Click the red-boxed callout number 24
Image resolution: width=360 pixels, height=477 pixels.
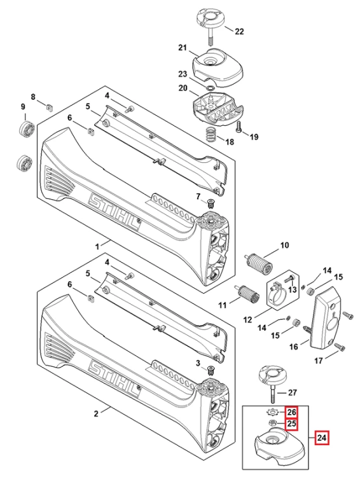322,438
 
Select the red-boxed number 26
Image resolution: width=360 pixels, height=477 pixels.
291,413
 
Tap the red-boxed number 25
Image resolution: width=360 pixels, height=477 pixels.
291,424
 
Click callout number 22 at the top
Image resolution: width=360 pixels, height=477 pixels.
239,31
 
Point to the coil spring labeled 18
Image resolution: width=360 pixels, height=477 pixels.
209,134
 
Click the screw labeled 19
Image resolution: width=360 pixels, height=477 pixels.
239,127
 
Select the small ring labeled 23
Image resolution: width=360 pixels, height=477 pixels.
210,88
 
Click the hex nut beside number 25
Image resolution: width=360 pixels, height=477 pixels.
272,422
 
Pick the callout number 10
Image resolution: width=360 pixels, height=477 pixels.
284,245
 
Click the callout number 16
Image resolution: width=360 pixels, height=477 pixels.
293,347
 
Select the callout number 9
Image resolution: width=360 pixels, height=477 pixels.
23,107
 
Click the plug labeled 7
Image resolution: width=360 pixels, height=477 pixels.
209,202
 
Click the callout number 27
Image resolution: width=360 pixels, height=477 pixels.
292,392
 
